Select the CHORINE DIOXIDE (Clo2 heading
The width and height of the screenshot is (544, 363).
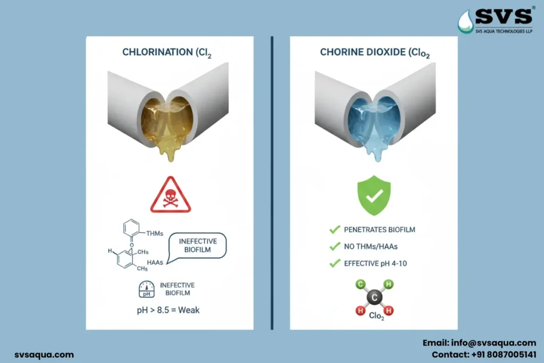tap(370, 52)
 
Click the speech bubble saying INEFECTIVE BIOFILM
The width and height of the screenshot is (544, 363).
tap(198, 247)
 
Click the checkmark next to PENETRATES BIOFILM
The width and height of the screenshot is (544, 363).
tap(335, 230)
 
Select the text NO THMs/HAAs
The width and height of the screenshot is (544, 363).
tap(370, 246)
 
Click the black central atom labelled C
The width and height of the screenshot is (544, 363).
tap(374, 297)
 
